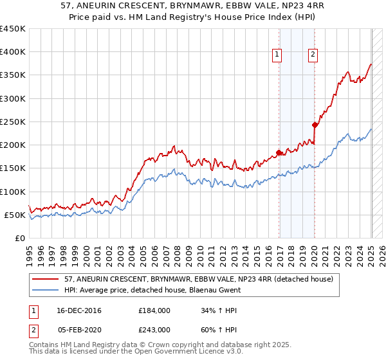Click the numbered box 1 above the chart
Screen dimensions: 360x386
(277, 55)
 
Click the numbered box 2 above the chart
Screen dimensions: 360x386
(313, 55)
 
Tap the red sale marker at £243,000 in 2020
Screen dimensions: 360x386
(315, 125)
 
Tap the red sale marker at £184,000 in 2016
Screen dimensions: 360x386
(279, 152)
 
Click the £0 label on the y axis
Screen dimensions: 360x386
(19, 238)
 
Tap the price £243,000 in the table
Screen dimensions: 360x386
(154, 329)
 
